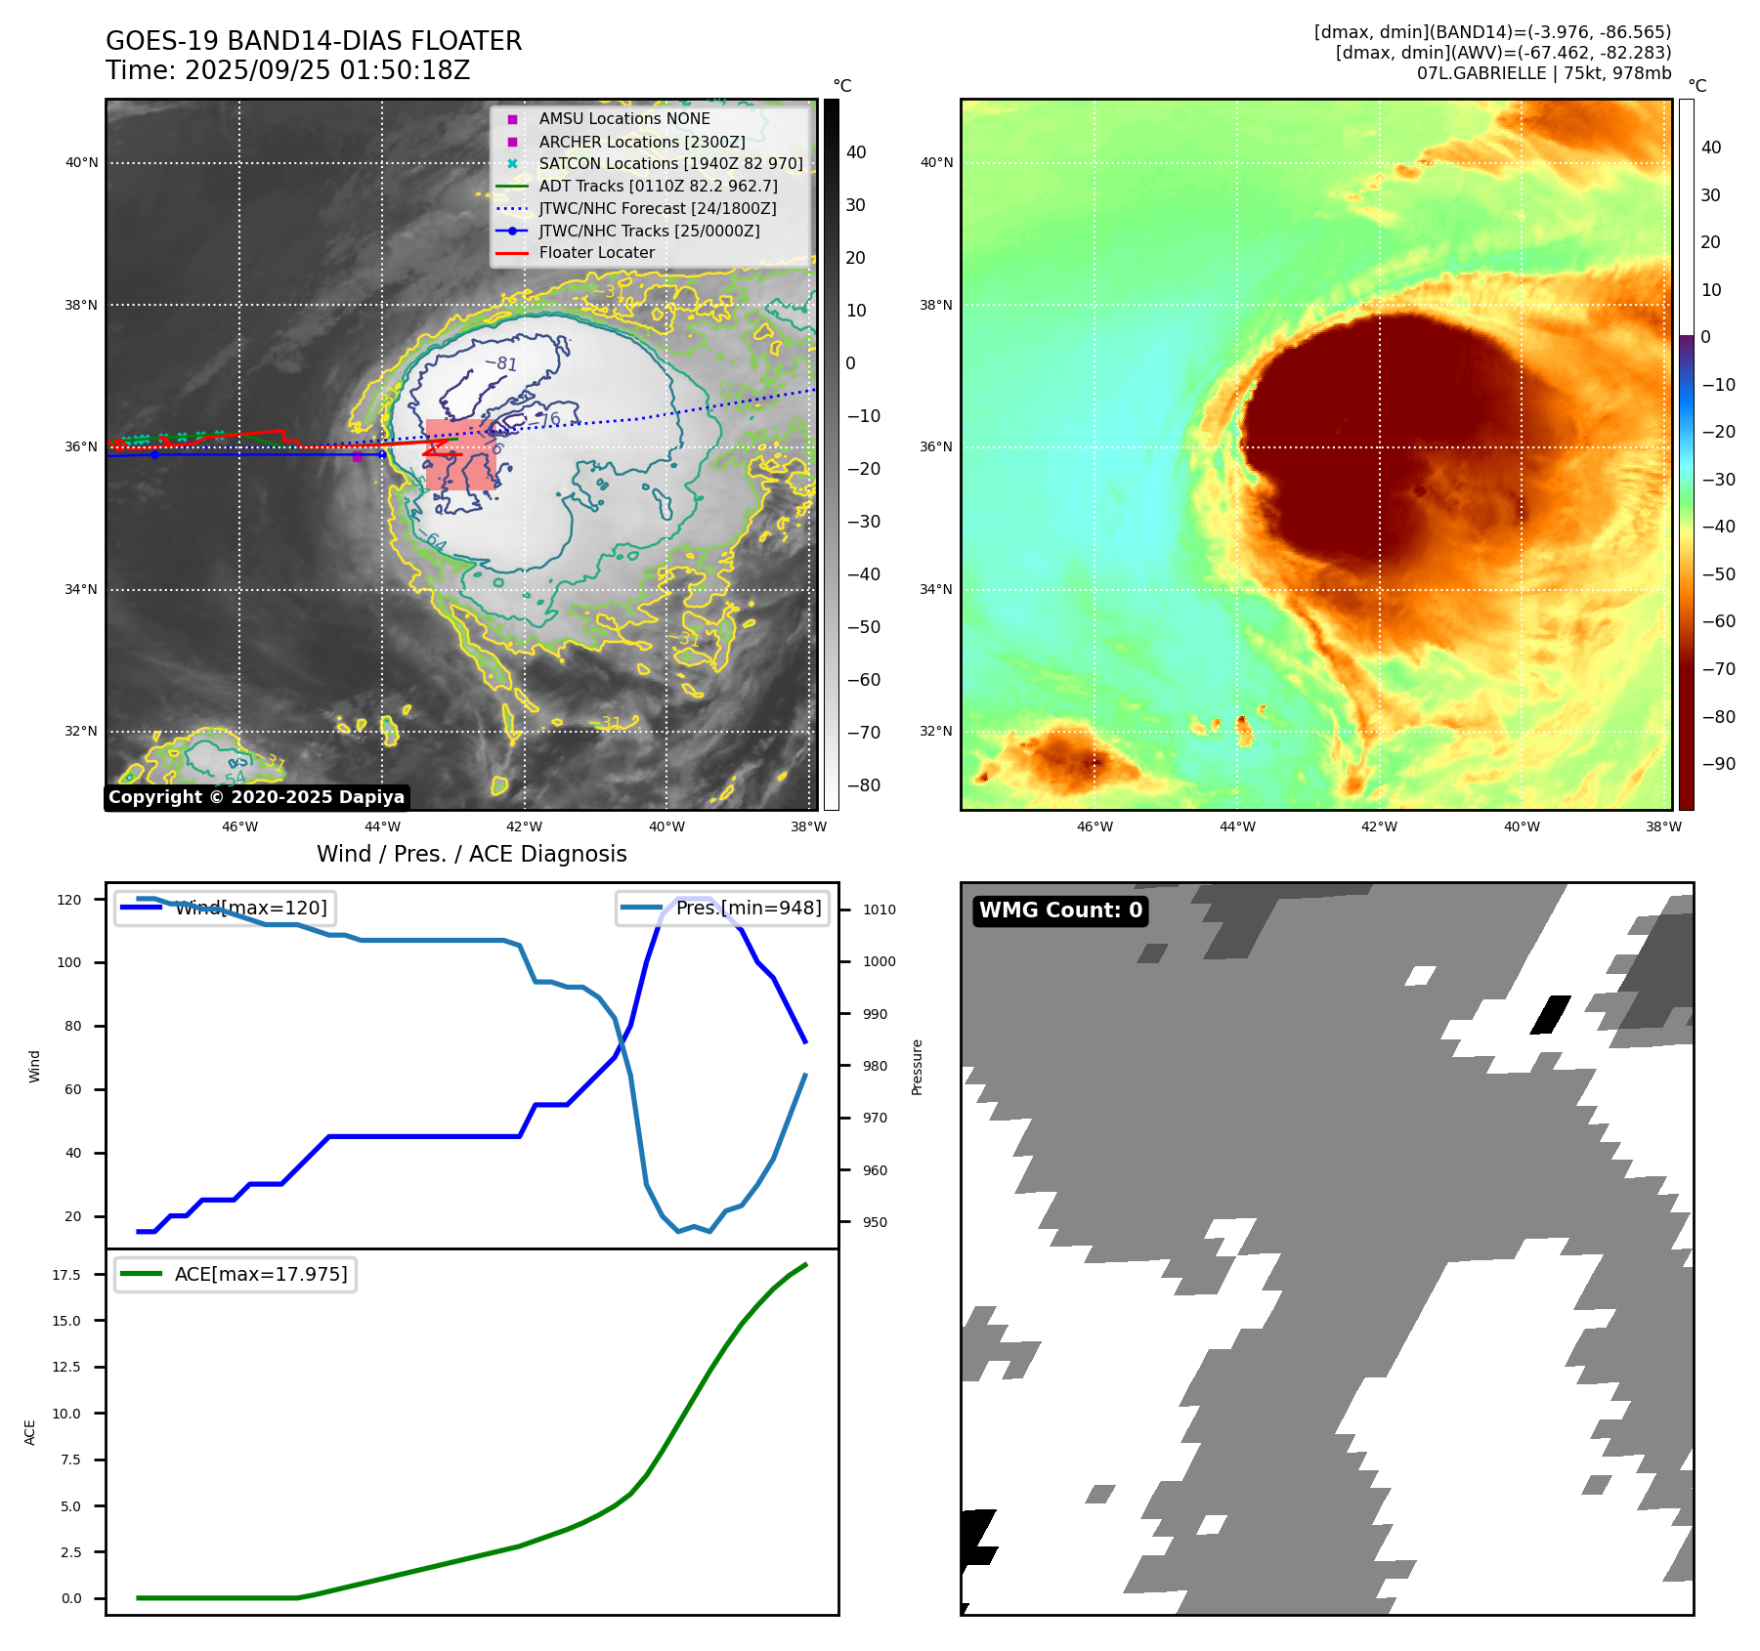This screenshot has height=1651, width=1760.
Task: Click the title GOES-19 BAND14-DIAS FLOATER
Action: click(x=314, y=41)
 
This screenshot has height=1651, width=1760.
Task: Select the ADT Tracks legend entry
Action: click(x=658, y=186)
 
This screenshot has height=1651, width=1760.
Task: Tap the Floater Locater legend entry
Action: click(x=596, y=252)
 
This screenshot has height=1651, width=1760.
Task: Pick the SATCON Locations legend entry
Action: click(x=670, y=163)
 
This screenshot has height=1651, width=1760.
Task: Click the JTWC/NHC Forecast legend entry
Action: click(x=657, y=208)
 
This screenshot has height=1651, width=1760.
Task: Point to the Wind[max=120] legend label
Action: click(x=251, y=908)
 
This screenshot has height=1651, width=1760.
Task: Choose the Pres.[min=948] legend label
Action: click(x=749, y=908)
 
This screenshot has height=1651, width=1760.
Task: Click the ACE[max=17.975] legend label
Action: click(x=261, y=1274)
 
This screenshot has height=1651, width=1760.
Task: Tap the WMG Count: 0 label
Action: click(x=1060, y=910)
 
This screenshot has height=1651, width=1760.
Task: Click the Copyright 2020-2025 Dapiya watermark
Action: click(x=256, y=797)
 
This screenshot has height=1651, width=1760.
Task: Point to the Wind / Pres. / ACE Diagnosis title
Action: click(x=471, y=854)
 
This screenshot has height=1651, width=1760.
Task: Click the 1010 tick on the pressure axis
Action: click(x=879, y=910)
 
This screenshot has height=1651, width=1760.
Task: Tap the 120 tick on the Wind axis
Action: click(x=69, y=900)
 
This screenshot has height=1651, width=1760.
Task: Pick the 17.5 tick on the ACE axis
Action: click(x=66, y=1275)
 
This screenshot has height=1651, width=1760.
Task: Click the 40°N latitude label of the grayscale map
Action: click(x=81, y=163)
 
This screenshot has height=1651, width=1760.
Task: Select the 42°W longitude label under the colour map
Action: click(x=1379, y=826)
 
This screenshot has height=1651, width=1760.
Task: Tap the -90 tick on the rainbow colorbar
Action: click(x=1718, y=764)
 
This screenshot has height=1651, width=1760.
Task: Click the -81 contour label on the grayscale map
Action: click(x=501, y=363)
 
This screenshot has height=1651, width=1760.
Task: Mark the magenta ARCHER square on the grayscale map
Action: click(x=357, y=456)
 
